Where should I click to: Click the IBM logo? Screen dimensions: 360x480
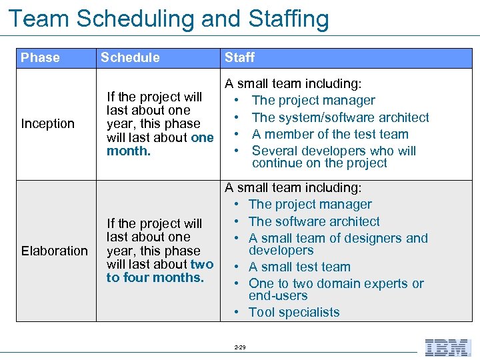click(x=447, y=347)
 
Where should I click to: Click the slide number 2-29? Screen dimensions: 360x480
click(x=240, y=347)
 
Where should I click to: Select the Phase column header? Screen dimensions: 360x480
click(x=40, y=57)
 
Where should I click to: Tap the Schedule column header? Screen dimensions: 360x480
click(x=130, y=57)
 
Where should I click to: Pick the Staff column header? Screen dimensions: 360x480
click(x=239, y=57)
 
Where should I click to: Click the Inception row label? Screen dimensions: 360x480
click(x=48, y=123)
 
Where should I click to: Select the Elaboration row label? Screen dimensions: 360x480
click(x=54, y=251)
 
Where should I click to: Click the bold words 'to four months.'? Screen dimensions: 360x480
click(x=155, y=277)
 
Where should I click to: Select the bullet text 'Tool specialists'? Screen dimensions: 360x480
click(x=294, y=312)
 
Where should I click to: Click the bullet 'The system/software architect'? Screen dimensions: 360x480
click(x=340, y=117)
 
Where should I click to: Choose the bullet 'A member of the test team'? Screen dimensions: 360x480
click(x=330, y=134)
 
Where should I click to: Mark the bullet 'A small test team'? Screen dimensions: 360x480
click(x=299, y=267)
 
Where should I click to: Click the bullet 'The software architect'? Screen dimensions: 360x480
click(x=314, y=221)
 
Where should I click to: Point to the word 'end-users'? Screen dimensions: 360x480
click(x=278, y=295)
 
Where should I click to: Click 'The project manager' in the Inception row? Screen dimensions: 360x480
click(x=313, y=101)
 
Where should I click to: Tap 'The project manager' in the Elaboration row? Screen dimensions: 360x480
click(x=310, y=205)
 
